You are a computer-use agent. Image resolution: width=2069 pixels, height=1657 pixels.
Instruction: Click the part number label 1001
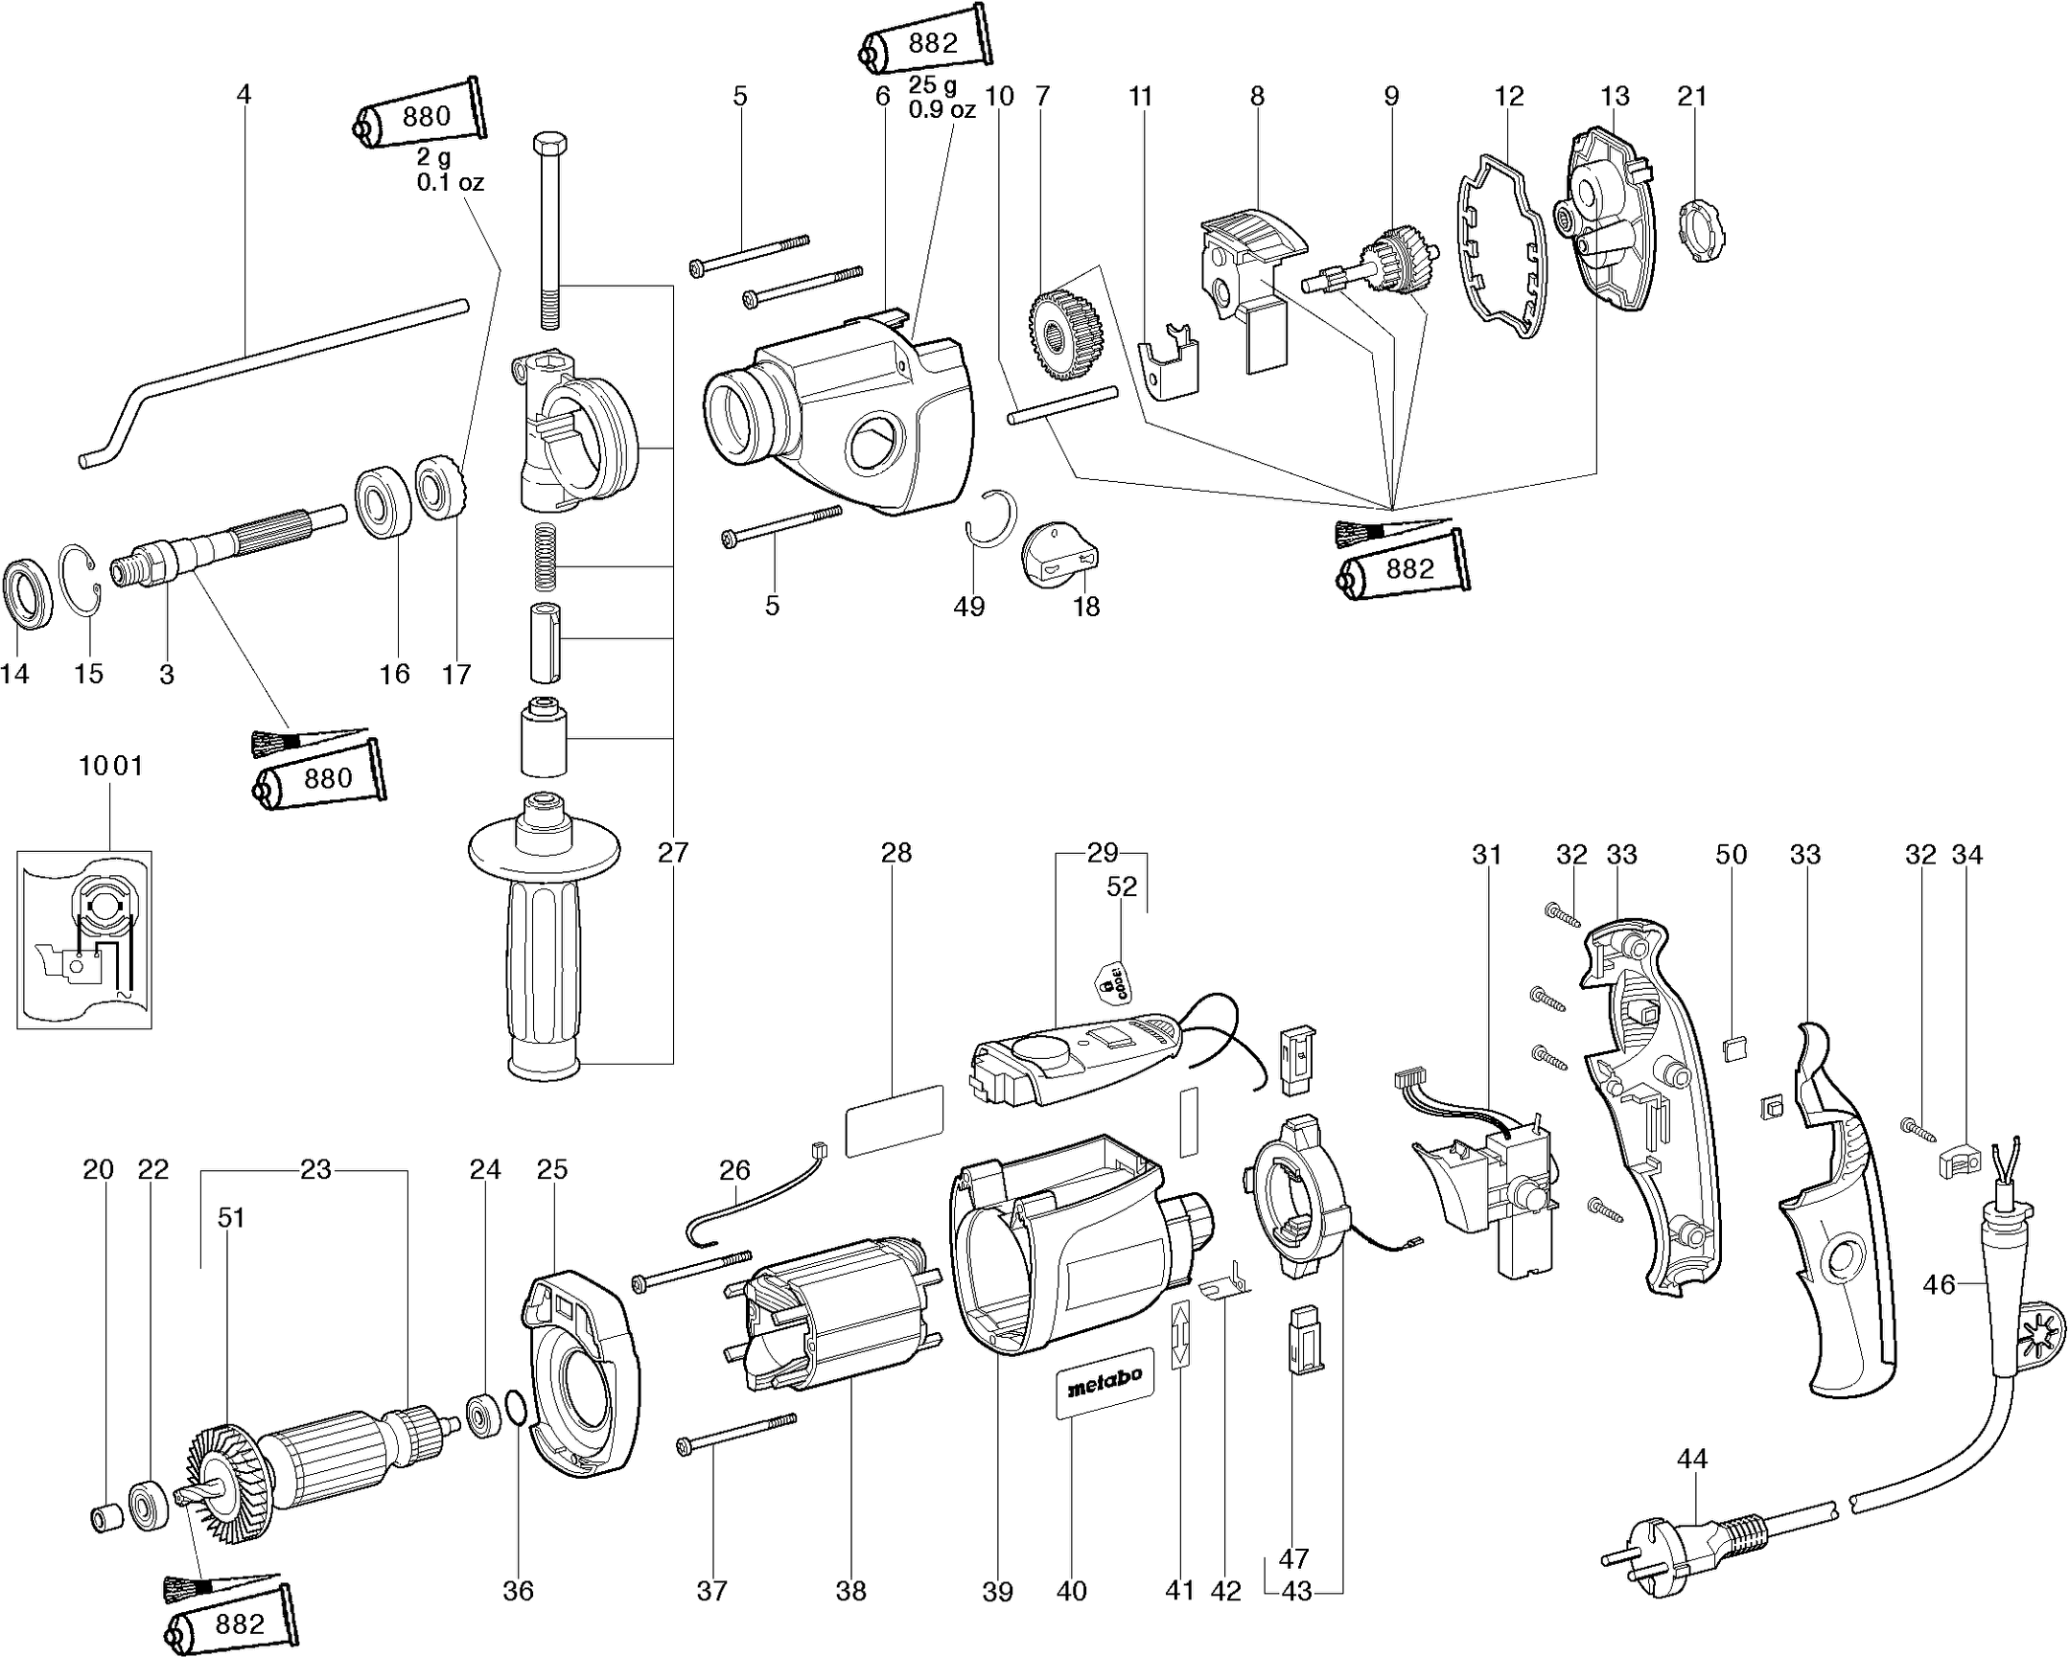point(110,766)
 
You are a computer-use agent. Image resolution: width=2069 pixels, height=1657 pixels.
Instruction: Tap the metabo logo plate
point(1104,1377)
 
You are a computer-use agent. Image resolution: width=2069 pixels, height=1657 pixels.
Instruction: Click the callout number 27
point(673,852)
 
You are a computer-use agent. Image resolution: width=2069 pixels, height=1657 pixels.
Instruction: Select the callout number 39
point(997,1592)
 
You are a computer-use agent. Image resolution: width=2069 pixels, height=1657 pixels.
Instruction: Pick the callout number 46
point(1939,1284)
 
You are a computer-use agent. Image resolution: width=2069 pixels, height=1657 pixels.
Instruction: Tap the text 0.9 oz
point(942,110)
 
